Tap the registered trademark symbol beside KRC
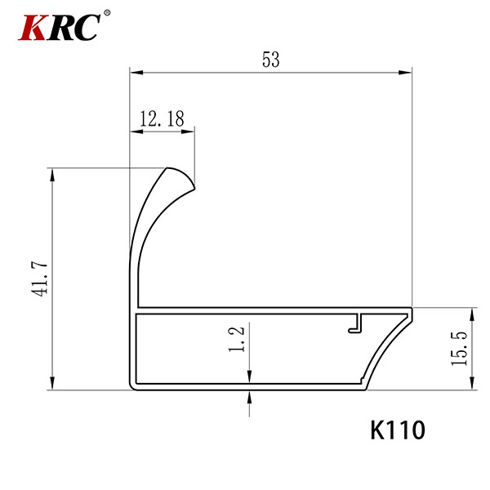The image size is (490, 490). click(x=107, y=13)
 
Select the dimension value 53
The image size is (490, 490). click(x=270, y=60)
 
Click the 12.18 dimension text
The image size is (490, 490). click(x=162, y=118)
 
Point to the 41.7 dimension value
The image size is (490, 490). click(x=40, y=279)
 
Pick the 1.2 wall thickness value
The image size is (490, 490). click(x=237, y=339)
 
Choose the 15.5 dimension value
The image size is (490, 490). click(x=459, y=349)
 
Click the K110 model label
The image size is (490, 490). click(x=398, y=430)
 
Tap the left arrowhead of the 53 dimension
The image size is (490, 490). click(x=136, y=73)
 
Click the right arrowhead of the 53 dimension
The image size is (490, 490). click(x=405, y=73)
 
